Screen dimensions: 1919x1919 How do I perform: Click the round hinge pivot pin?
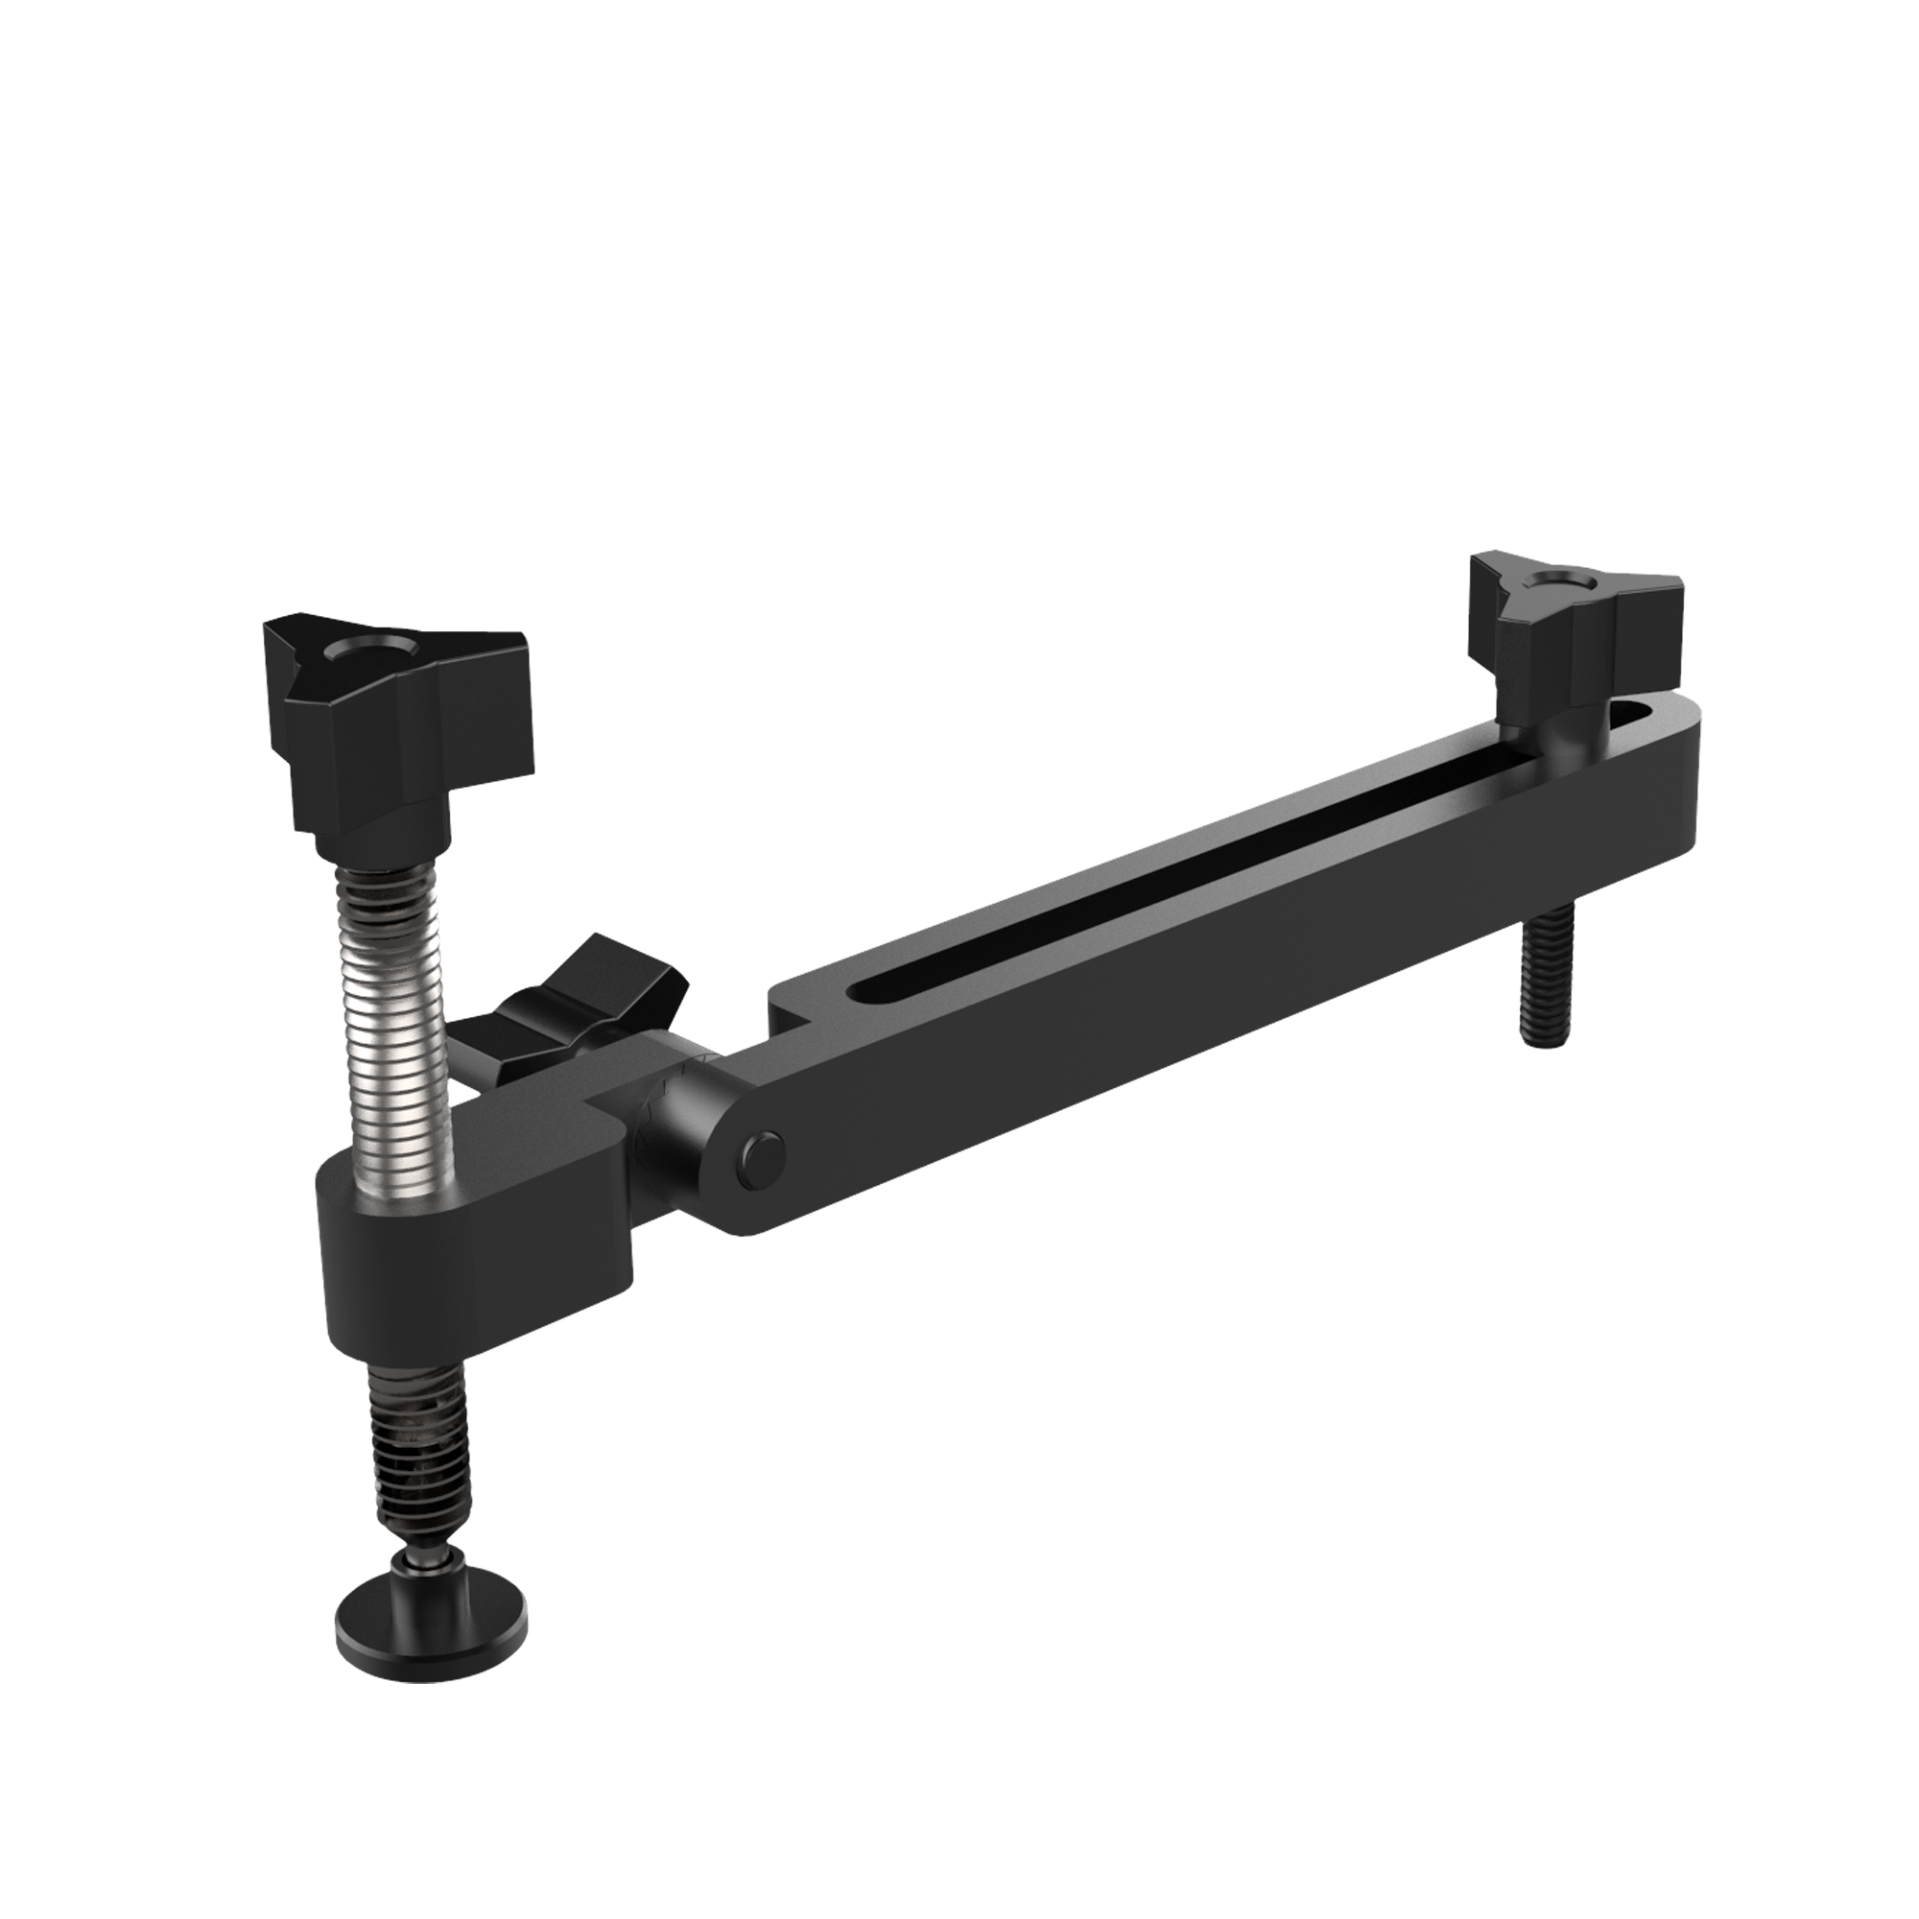[x=763, y=1158]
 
